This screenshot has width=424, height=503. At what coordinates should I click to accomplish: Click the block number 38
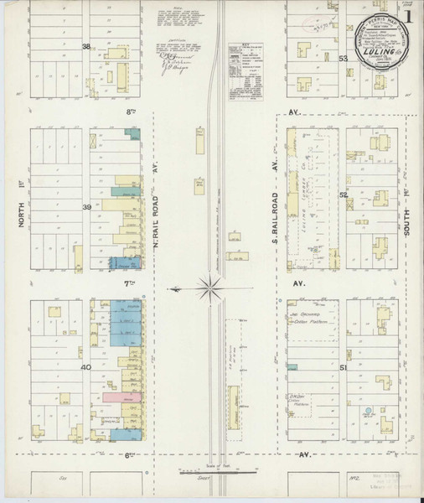(x=85, y=47)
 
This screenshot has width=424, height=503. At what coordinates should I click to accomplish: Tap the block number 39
(x=85, y=206)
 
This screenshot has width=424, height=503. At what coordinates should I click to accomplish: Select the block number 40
(x=85, y=367)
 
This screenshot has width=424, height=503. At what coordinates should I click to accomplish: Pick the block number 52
(x=343, y=194)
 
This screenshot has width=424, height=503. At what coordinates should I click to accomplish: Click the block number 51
(x=343, y=367)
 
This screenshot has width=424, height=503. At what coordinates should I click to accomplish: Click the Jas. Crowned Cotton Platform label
(x=310, y=322)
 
